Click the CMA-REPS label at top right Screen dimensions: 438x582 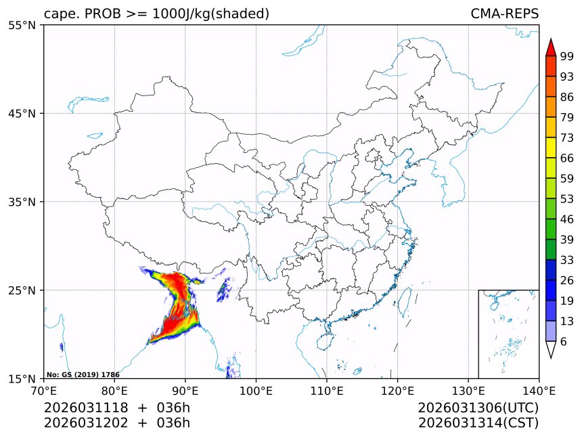pos(504,14)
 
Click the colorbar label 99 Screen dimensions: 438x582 pos(567,56)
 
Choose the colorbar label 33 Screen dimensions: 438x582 pos(567,260)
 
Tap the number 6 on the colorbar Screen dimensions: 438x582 pos(564,342)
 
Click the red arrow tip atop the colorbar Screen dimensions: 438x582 pos(551,47)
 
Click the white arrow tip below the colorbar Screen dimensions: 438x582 pos(551,350)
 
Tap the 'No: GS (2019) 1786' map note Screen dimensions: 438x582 pos(83,374)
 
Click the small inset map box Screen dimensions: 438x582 pos(508,334)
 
